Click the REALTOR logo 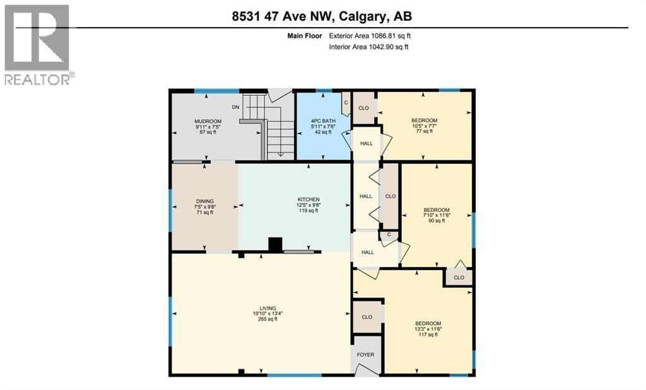tap(37, 44)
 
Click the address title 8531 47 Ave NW tap(322, 16)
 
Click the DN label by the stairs tap(235, 107)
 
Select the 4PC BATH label tap(322, 121)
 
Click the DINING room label tap(205, 202)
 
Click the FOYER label tap(366, 355)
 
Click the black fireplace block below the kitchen tap(275, 244)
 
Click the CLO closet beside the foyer tap(367, 317)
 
